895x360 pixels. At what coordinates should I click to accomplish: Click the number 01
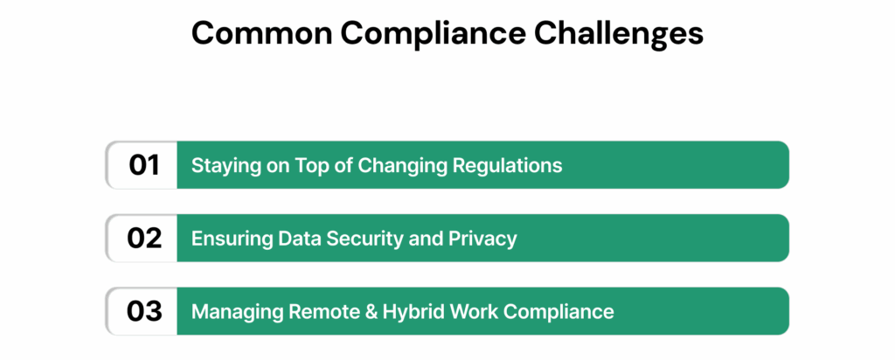(143, 164)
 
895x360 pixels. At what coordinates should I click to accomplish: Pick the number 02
(143, 238)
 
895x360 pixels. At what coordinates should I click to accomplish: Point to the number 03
(143, 311)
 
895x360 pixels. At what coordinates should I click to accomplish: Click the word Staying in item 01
(220, 165)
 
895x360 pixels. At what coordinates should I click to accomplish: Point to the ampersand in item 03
(351, 312)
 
